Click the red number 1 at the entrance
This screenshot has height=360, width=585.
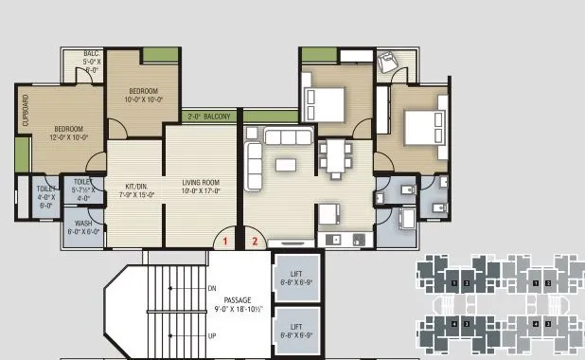[x=225, y=242]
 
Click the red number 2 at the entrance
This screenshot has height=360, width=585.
[x=254, y=242]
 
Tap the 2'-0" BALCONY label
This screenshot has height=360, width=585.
[x=209, y=117]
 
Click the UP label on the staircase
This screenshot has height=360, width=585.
[x=212, y=336]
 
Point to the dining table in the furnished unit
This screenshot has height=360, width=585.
[x=336, y=158]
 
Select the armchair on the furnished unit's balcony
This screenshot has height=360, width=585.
[x=387, y=63]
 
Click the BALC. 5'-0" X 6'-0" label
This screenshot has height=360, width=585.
[x=91, y=63]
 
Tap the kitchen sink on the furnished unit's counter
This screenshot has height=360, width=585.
[x=333, y=239]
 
